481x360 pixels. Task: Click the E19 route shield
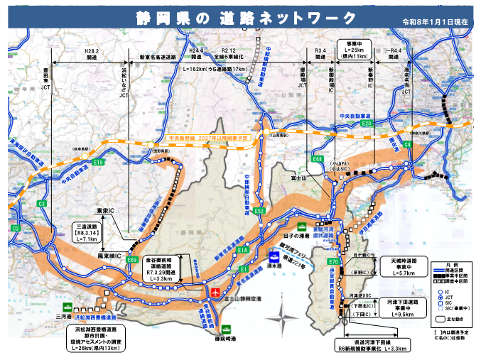97,163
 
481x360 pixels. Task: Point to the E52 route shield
259,211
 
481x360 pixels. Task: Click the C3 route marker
42,204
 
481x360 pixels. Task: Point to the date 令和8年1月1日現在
436,22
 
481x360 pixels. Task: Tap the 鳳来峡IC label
110,254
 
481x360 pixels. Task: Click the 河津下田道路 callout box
402,306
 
